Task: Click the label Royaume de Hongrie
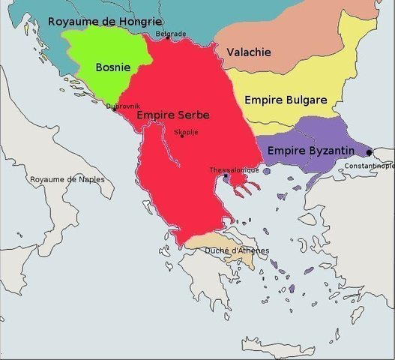click(104, 21)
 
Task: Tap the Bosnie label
click(112, 67)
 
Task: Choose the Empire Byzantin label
click(310, 151)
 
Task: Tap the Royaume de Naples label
click(67, 180)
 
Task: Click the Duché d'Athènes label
click(237, 250)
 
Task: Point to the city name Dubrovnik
click(123, 106)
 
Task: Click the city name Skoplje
click(186, 131)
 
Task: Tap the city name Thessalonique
click(235, 170)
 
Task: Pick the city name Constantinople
click(370, 165)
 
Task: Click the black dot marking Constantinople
click(369, 152)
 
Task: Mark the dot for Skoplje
click(181, 136)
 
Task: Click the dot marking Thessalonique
click(225, 177)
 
